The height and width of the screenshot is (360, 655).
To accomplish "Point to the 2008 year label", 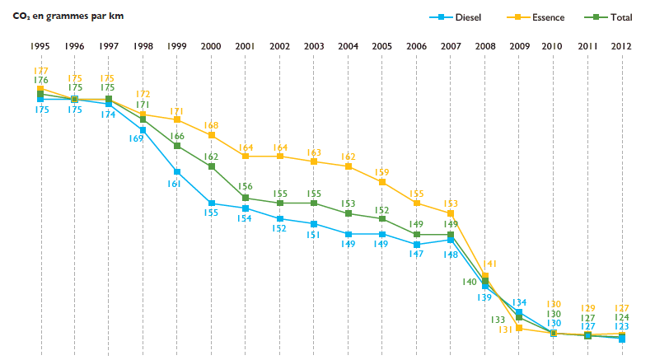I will point(485,46).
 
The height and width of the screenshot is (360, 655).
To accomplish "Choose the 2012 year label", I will point(622,46).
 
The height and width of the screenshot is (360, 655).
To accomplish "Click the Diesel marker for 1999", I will point(177,171).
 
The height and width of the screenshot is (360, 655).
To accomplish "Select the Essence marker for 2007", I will point(451,213).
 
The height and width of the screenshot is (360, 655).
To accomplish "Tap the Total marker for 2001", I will point(246,198).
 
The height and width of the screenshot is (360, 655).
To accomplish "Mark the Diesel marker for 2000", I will point(212,203).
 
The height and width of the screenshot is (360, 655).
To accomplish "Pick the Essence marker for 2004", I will point(349,166).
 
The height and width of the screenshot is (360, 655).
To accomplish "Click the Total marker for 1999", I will point(177,146).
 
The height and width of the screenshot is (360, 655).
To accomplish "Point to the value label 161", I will point(173,184).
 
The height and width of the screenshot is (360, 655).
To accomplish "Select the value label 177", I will point(40,71).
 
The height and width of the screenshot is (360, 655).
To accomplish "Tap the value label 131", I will point(505,330).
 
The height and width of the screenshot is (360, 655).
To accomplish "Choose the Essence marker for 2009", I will point(519,328).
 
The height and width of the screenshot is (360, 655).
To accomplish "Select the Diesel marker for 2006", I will point(417,245).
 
